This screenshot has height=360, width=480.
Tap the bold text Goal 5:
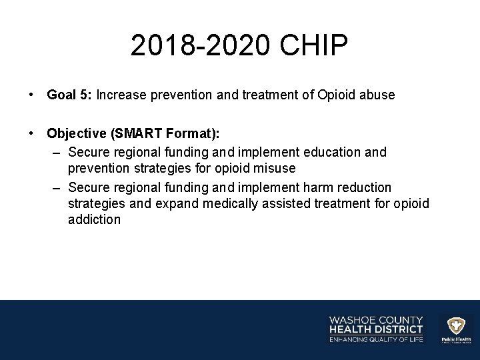69,95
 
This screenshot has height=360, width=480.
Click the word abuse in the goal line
378,95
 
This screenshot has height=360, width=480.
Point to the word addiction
94,219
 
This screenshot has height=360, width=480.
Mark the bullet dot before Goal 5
32,95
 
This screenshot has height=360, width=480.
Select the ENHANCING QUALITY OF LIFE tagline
376,340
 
